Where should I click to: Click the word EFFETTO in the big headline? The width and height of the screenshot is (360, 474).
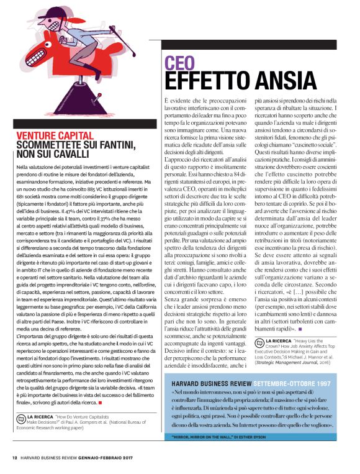[x=204, y=81]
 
